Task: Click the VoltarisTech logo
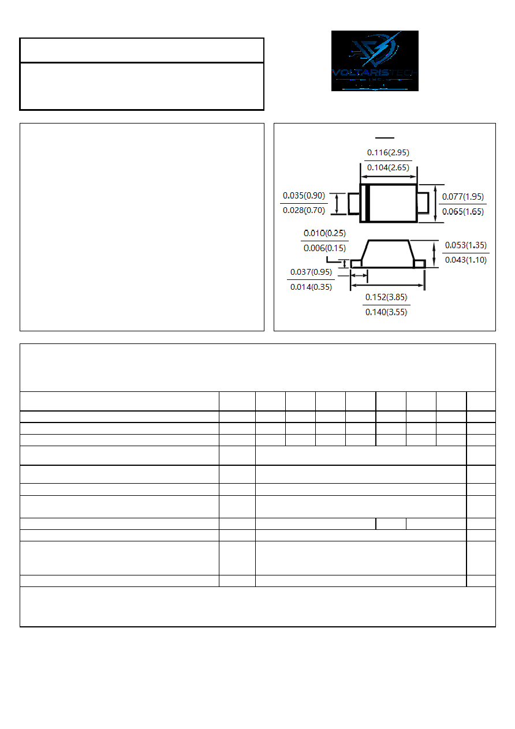(375, 61)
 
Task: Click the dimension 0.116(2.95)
(388, 152)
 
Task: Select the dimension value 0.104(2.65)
(388, 167)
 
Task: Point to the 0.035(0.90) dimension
(304, 196)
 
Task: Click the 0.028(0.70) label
(304, 211)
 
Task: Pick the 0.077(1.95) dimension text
(462, 197)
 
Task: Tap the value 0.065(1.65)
(462, 212)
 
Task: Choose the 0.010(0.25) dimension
(324, 233)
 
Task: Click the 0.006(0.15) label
(324, 248)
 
